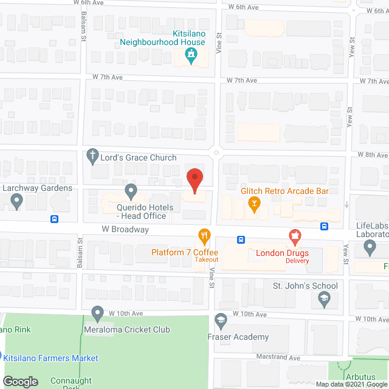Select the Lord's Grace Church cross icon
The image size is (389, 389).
[92, 157]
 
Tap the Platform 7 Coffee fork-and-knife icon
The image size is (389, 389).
[204, 236]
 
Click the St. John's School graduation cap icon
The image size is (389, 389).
[325, 298]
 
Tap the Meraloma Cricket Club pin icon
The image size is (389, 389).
[97, 314]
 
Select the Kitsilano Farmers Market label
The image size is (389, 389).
[51, 358]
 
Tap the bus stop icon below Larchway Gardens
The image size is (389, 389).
[55, 219]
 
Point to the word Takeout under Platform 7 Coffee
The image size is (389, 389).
[207, 260]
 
